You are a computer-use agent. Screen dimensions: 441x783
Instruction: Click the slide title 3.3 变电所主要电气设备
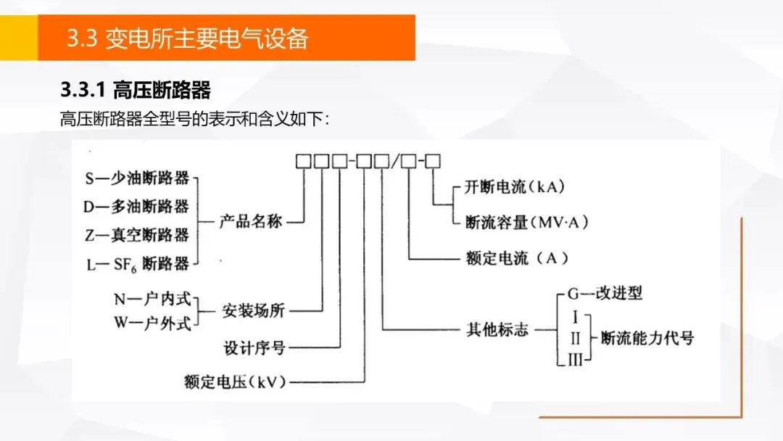click(187, 38)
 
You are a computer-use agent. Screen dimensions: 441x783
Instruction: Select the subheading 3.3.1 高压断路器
click(136, 91)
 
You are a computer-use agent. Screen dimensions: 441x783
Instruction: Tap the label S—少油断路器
click(137, 178)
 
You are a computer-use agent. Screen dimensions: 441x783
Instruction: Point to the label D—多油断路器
click(136, 207)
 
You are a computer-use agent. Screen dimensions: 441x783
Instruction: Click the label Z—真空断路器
click(137, 235)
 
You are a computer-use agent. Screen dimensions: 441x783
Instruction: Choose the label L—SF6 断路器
click(138, 264)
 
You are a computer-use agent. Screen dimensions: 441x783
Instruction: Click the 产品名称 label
click(251, 222)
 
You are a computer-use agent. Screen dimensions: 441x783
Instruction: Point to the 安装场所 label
click(253, 311)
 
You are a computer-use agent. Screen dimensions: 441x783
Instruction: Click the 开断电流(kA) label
click(515, 187)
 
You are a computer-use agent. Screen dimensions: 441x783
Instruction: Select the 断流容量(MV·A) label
click(526, 222)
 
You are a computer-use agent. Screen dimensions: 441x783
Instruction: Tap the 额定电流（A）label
click(516, 258)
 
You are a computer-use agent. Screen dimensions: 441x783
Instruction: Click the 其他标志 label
click(497, 330)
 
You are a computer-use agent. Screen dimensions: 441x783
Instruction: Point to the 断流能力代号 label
click(647, 338)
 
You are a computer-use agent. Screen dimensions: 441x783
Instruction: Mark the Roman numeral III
click(575, 358)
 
